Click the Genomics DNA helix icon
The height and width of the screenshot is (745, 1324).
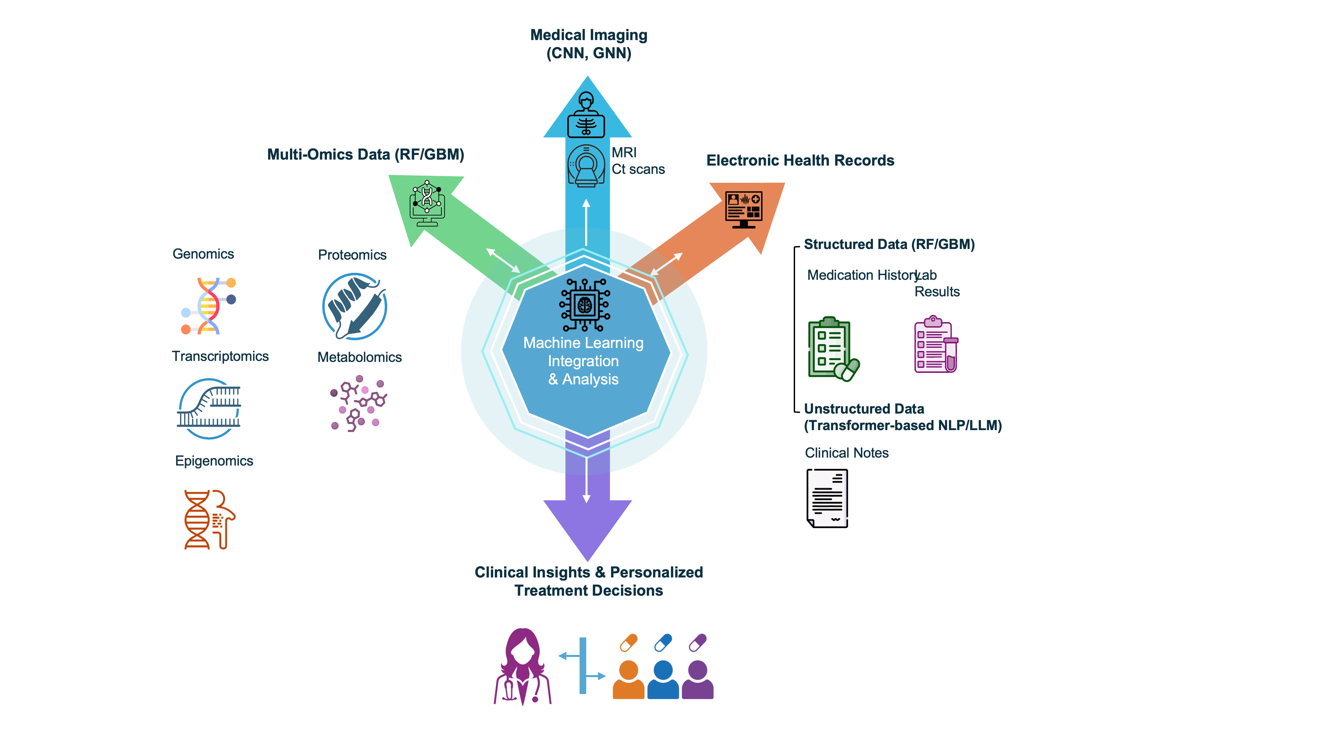208,306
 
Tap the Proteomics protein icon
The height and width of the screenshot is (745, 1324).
355,306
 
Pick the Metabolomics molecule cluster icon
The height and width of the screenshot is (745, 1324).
358,404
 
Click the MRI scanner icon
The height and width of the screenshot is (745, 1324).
586,166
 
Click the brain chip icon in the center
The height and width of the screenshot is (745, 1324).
585,305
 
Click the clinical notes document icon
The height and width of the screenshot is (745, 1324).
827,498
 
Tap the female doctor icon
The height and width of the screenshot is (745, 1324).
523,666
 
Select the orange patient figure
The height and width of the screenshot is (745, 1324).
628,679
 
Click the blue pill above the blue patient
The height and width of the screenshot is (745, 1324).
663,643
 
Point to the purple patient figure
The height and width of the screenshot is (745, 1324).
697,679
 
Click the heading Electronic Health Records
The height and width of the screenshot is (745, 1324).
800,160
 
